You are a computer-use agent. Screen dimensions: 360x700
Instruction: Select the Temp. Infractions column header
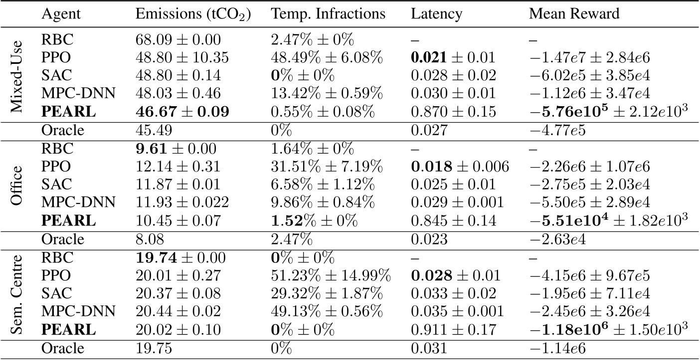(x=328, y=14)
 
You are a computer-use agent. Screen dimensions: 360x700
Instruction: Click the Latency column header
(x=432, y=14)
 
